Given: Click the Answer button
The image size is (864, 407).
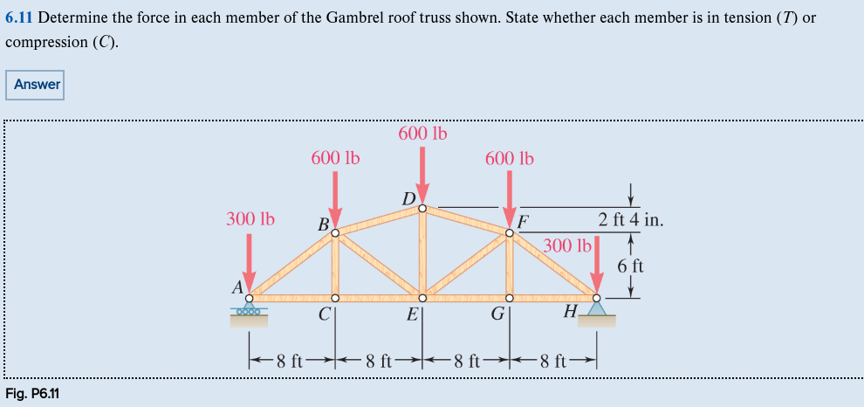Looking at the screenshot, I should [x=37, y=85].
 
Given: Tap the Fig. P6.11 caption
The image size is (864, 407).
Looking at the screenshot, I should [x=32, y=392].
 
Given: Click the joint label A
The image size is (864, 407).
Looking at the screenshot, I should [x=237, y=286].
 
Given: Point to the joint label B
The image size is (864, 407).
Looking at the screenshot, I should [x=323, y=224].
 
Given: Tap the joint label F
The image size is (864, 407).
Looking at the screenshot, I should [x=522, y=221].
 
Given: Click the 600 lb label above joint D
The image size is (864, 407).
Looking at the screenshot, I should [x=422, y=134].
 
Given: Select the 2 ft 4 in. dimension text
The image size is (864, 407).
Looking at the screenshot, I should [x=631, y=219].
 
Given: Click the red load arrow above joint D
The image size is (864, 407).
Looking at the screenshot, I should [x=422, y=175].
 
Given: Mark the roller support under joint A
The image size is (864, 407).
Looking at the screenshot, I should [x=249, y=310].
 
